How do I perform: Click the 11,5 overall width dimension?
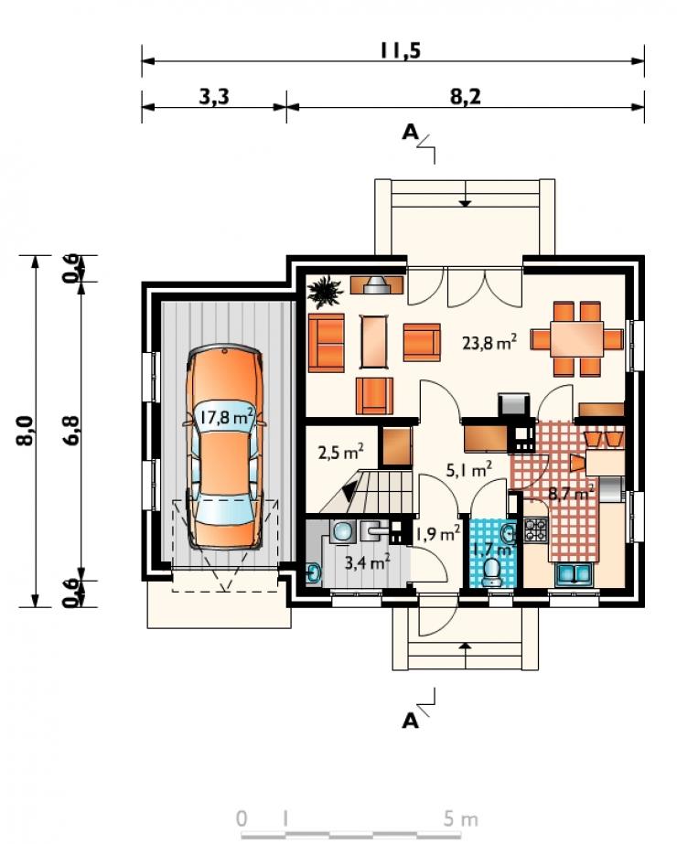(400, 50)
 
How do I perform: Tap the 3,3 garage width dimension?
(214, 97)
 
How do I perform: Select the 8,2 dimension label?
(466, 97)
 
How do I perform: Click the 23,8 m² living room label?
(489, 342)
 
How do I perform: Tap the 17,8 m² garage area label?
(227, 416)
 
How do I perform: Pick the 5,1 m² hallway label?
(468, 470)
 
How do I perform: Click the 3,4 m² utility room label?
(368, 562)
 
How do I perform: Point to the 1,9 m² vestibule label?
(436, 534)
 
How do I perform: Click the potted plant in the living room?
(325, 292)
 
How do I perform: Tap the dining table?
(576, 339)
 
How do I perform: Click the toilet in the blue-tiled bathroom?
(491, 572)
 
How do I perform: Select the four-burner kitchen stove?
(535, 529)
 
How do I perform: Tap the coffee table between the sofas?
(375, 341)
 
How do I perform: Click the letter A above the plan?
(411, 132)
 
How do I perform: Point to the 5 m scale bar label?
(461, 818)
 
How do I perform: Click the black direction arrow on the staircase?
(349, 491)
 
